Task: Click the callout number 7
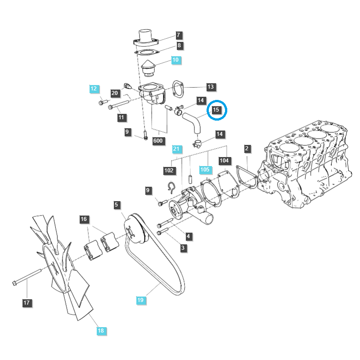pos(178,35)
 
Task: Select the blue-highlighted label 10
pos(175,59)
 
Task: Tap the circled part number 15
pos(216,110)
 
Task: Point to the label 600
pos(158,141)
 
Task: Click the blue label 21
pos(176,149)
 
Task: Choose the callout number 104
pos(224,160)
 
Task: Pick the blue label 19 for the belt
pos(140,299)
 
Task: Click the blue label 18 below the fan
pos(100,331)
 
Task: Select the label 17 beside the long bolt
pos(27,303)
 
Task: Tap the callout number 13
pos(211,86)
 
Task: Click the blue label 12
pos(93,89)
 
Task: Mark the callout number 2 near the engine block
pos(247,148)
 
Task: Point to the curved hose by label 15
pos(193,122)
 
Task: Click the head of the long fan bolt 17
pos(15,283)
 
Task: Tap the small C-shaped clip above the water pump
pos(171,186)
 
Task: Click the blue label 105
pos(205,170)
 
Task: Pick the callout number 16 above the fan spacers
pos(83,219)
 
